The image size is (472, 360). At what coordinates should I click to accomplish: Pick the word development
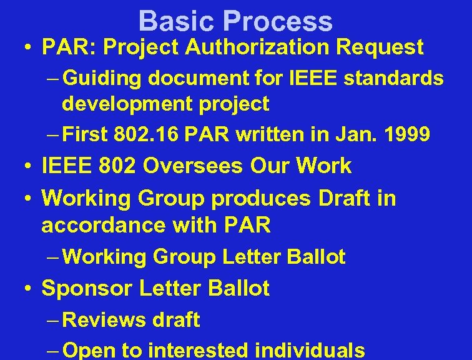[123, 104]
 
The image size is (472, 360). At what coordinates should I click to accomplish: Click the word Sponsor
[86, 289]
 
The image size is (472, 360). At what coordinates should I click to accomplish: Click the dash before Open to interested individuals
[53, 350]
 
